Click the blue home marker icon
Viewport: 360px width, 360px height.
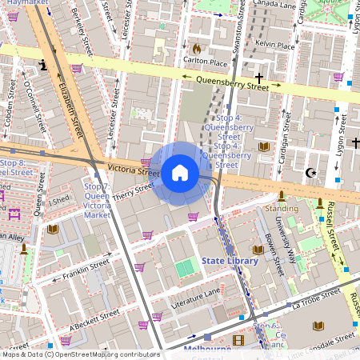(x=180, y=172)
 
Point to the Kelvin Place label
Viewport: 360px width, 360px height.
(x=274, y=46)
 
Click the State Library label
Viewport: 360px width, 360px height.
(x=230, y=261)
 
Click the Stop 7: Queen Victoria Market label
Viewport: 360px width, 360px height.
(x=97, y=200)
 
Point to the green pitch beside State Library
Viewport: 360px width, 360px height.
(x=185, y=268)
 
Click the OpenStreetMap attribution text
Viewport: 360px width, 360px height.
(x=80, y=354)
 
